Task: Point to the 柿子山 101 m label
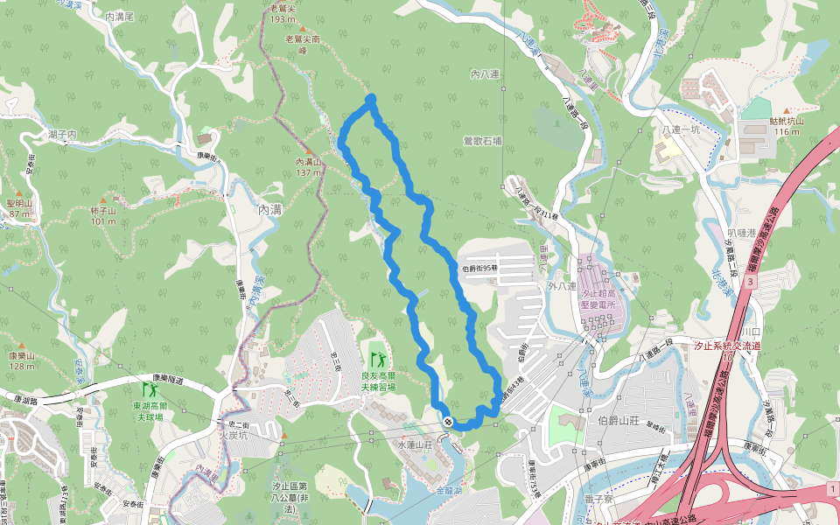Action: [x=102, y=216]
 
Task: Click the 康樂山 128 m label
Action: [x=21, y=360]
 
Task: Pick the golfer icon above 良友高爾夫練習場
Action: [x=378, y=359]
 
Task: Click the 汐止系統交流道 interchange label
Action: [x=726, y=346]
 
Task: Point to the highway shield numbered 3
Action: [x=751, y=283]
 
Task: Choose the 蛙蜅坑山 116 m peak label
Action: [x=785, y=126]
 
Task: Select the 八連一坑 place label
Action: [x=683, y=129]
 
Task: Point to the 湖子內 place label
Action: [x=63, y=134]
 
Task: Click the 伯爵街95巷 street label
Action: [x=479, y=269]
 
